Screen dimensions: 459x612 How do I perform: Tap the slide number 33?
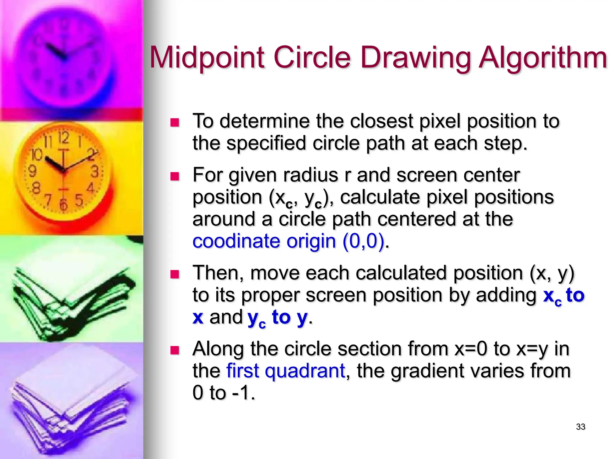click(x=581, y=427)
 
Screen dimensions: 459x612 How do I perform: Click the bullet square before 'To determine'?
click(x=175, y=123)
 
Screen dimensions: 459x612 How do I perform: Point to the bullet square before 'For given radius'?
click(x=175, y=176)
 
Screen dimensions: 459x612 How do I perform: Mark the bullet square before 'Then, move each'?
click(x=175, y=274)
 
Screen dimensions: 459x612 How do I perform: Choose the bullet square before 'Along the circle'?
click(x=175, y=350)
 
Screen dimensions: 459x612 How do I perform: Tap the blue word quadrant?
click(x=305, y=371)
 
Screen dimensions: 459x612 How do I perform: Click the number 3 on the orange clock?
click(x=95, y=172)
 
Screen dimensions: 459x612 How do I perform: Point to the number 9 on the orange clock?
click(x=32, y=171)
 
